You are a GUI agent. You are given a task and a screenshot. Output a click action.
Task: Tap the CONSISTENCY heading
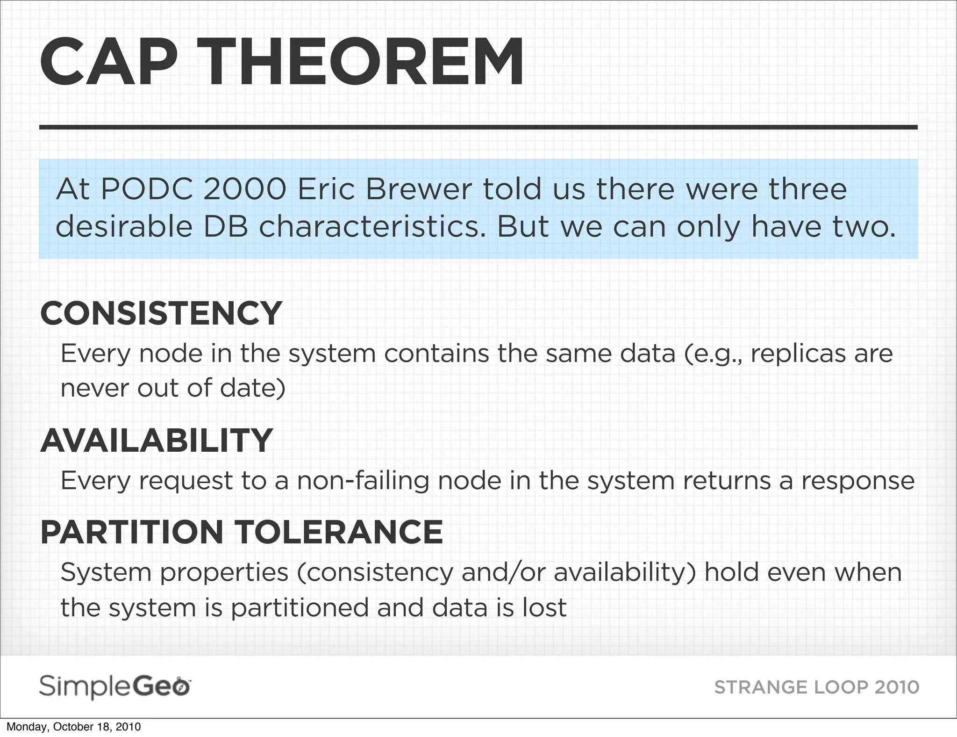click(161, 313)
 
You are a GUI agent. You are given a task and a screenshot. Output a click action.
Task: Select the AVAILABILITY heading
click(157, 441)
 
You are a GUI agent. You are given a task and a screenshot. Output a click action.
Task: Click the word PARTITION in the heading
click(132, 532)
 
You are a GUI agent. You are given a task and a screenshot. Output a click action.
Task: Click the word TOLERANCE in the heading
click(338, 532)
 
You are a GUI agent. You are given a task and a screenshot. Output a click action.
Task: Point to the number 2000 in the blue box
click(245, 189)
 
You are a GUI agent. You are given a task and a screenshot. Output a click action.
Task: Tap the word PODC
click(147, 189)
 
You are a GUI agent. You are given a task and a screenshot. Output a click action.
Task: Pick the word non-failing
click(363, 481)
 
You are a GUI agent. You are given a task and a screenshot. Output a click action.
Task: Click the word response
click(858, 481)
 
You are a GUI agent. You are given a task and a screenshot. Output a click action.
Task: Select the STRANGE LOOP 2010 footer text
click(817, 687)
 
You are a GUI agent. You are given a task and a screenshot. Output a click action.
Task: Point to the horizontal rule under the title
click(478, 127)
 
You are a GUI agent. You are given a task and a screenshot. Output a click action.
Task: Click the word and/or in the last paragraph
click(503, 573)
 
